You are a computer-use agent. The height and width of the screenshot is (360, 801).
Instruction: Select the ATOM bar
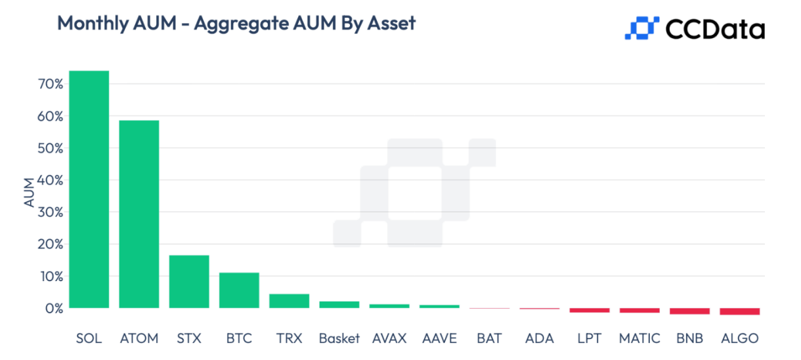click(139, 214)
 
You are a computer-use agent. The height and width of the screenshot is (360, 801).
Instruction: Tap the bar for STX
click(189, 282)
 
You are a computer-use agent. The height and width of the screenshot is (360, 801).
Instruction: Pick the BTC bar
click(239, 290)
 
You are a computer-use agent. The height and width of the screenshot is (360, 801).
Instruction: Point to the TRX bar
click(289, 301)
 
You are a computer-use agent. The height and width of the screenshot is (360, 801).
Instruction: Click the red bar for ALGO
click(739, 311)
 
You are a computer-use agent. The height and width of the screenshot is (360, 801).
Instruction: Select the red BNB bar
click(689, 311)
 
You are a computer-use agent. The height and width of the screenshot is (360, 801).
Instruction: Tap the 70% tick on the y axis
click(49, 85)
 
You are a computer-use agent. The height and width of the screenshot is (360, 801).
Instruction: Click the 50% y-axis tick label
click(49, 148)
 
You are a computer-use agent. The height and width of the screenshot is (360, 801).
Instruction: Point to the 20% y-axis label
click(49, 244)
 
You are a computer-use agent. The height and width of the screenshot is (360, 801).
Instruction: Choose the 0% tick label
click(53, 308)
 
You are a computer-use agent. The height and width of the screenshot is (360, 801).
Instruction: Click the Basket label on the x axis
click(339, 339)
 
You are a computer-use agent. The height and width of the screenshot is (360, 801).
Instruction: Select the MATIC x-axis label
click(639, 339)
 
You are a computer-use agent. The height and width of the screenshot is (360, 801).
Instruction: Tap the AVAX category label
click(389, 339)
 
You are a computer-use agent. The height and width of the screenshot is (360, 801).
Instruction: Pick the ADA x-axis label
click(540, 339)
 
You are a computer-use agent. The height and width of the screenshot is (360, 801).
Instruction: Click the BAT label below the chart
click(490, 339)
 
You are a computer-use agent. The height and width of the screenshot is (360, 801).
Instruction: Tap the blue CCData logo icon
click(641, 28)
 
